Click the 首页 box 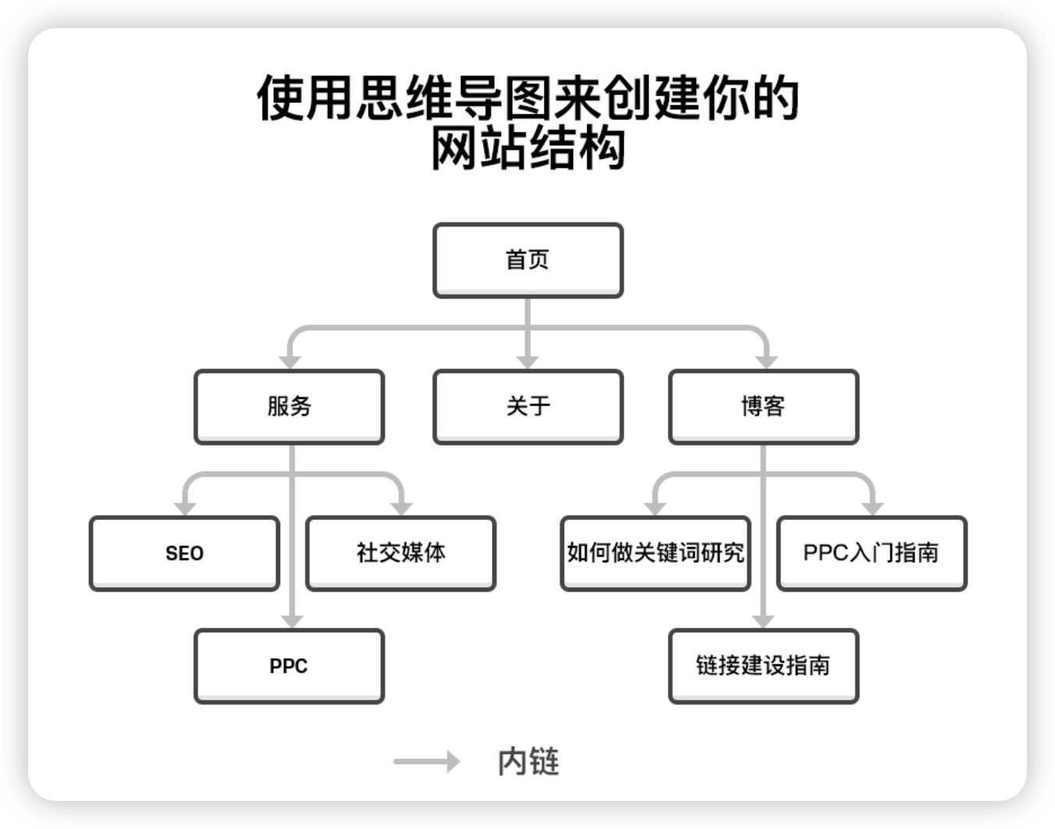(x=528, y=260)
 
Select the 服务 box (x=289, y=406)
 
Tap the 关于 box (x=528, y=406)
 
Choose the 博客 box (x=763, y=406)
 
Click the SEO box (x=184, y=553)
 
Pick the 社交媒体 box (x=401, y=553)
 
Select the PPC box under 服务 (x=289, y=666)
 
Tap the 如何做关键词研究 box (x=655, y=553)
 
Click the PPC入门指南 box (x=872, y=553)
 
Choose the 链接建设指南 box (x=763, y=666)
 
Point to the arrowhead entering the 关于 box (x=528, y=361)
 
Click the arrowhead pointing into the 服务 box (x=290, y=361)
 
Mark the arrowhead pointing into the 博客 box (x=767, y=361)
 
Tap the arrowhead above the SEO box (x=185, y=508)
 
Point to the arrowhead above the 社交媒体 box (x=401, y=508)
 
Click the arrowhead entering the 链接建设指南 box (x=763, y=621)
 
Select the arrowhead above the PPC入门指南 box (x=872, y=508)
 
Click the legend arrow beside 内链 (x=427, y=761)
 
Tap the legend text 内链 (x=528, y=762)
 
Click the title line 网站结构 (x=528, y=148)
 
